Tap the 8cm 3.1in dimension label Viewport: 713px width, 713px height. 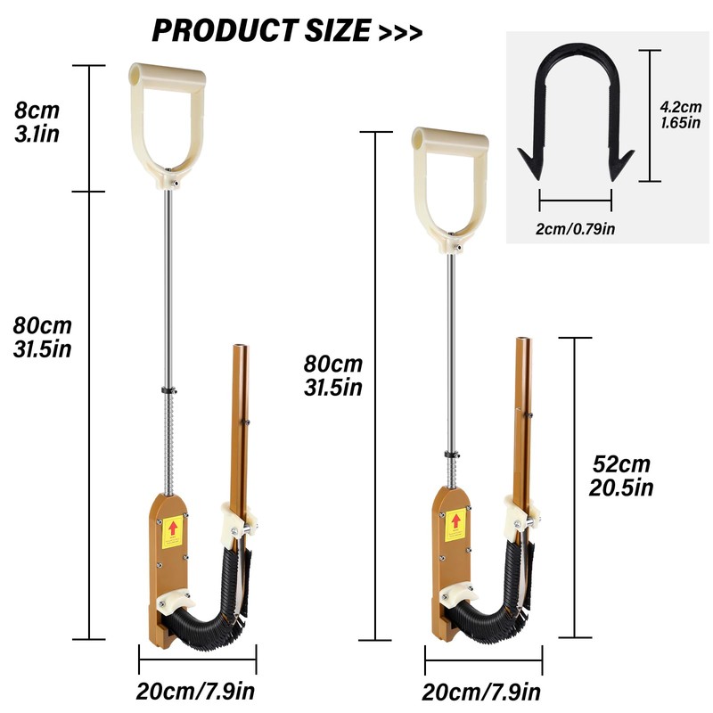click(37, 122)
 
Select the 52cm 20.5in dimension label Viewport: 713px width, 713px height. click(621, 476)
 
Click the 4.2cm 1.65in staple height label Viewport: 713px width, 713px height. click(681, 115)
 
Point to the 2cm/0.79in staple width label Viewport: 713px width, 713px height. click(575, 228)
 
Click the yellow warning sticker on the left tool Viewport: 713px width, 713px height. click(172, 531)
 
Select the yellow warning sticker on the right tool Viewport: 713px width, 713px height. click(455, 525)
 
